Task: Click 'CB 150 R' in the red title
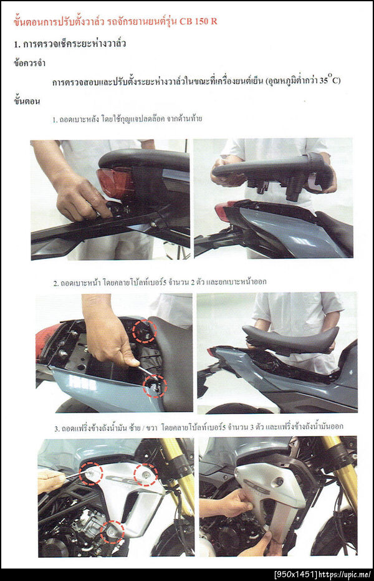[198, 21]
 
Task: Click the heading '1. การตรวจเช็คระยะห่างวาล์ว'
[70, 44]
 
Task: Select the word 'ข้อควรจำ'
[30, 63]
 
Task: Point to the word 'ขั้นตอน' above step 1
[27, 101]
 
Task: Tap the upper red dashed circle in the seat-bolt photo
[145, 331]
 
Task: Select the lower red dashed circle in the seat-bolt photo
[155, 385]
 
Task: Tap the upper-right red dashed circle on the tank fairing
[146, 474]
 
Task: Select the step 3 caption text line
[199, 427]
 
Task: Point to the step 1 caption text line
[127, 119]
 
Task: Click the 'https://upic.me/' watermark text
[345, 575]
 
